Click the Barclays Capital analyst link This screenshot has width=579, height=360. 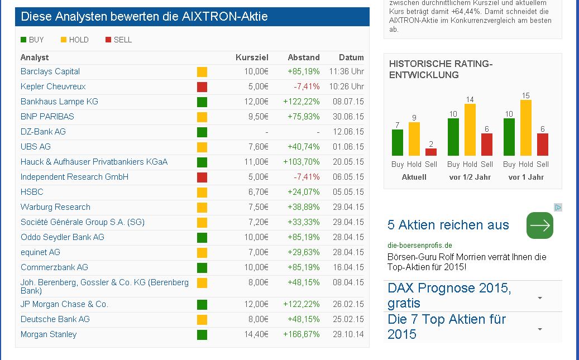[50, 71]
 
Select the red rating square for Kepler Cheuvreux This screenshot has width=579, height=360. [202, 87]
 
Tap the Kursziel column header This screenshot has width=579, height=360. [252, 57]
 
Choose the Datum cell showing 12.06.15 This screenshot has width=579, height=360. [351, 132]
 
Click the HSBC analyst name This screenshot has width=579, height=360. [32, 192]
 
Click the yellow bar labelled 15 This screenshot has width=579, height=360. [525, 128]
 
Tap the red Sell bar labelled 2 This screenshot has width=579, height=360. [431, 152]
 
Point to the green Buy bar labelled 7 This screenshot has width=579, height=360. [398, 142]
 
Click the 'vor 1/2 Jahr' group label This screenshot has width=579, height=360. [470, 177]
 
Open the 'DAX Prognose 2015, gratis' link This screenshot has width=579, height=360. [449, 296]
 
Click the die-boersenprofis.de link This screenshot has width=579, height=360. [420, 245]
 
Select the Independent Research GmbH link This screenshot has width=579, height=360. [74, 177]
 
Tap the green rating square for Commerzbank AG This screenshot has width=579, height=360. [202, 267]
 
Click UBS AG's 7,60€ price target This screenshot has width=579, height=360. [258, 147]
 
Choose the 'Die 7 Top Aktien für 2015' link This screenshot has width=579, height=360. [447, 327]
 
